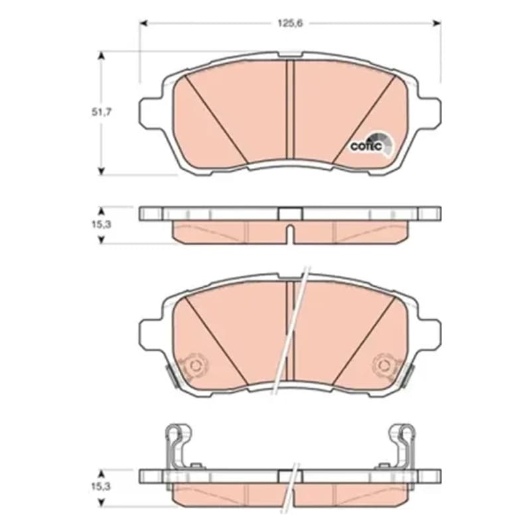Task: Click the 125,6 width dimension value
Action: tap(290, 23)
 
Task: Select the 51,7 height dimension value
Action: tap(102, 112)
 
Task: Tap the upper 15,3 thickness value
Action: tap(102, 224)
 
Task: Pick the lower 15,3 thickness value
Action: tap(102, 487)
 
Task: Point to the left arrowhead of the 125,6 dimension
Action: tap(144, 23)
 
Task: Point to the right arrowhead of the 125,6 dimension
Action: tap(437, 23)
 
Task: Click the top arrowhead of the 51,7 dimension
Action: tap(101, 56)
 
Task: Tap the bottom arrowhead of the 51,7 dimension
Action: tap(101, 171)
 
